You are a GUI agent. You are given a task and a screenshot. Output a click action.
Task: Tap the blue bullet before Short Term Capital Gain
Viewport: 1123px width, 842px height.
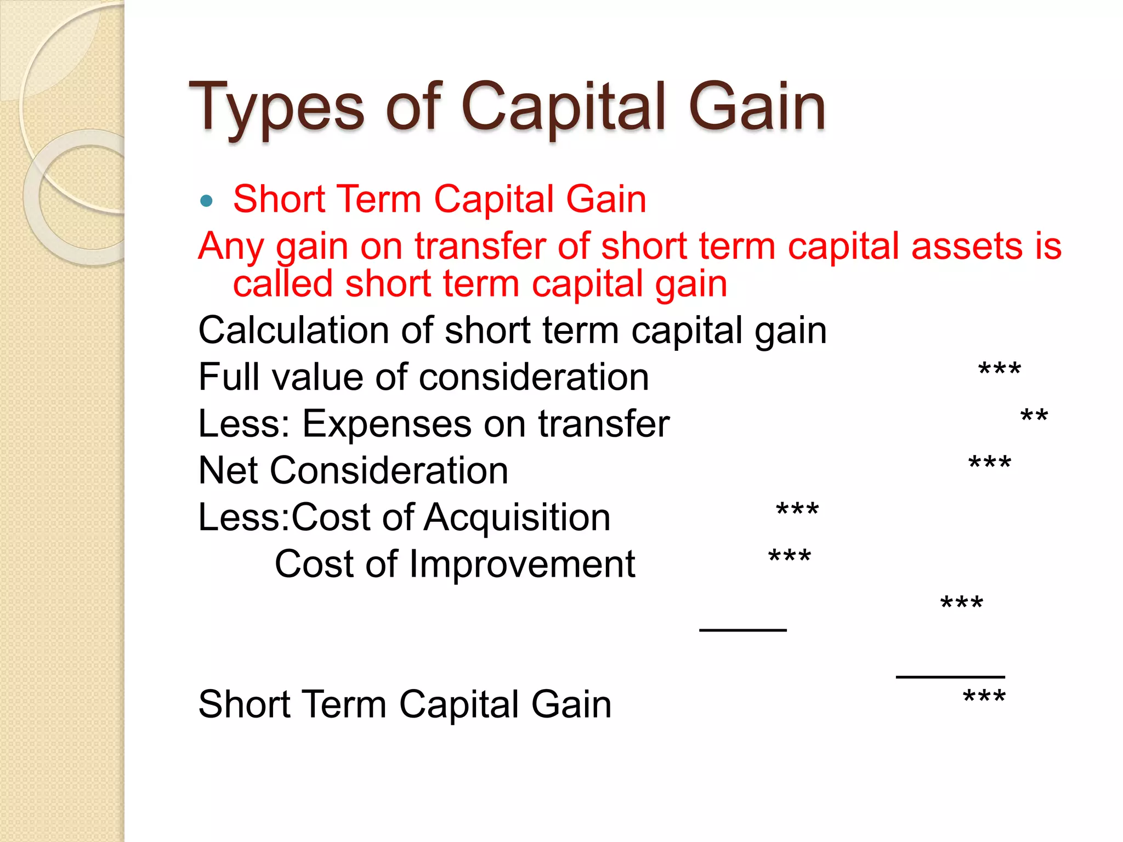pos(206,201)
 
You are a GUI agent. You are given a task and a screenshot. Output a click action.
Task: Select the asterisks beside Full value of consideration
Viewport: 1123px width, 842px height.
pos(999,371)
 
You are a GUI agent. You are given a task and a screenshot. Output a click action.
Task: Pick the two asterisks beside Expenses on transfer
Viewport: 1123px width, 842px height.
pos(1034,417)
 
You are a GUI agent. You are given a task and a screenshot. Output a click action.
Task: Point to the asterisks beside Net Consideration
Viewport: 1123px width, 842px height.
pos(990,464)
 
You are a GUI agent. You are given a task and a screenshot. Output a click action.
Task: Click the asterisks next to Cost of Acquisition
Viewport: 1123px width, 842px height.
pos(797,510)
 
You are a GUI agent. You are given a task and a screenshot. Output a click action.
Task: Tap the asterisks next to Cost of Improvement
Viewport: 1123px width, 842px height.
pos(790,557)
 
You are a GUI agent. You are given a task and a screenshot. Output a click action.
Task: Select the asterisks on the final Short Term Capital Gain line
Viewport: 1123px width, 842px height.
pos(984,697)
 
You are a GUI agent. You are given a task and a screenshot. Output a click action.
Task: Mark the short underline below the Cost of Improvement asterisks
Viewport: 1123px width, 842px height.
pos(743,630)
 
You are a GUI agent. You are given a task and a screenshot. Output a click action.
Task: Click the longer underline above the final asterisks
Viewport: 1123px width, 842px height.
pos(950,676)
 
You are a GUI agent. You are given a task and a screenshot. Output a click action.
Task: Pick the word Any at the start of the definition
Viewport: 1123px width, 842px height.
pos(231,246)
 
